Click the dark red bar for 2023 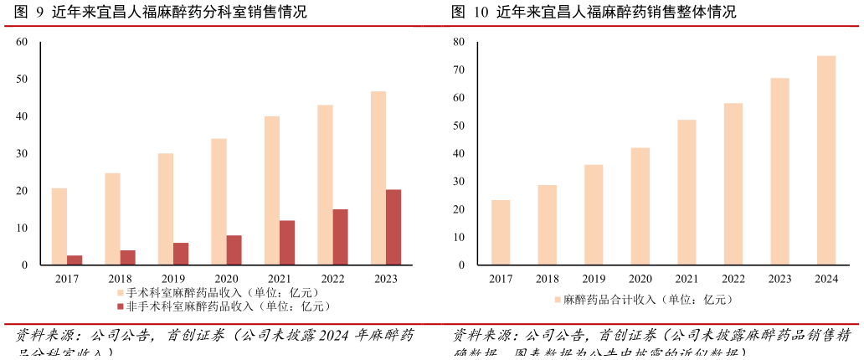[393, 227]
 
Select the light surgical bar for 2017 [59, 226]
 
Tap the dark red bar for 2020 [234, 249]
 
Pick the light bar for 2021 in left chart [272, 190]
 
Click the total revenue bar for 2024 [826, 160]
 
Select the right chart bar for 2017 [501, 232]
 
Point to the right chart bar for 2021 [687, 192]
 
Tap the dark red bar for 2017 [75, 260]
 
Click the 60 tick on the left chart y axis [22, 42]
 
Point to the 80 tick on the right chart [459, 42]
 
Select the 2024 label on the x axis [826, 279]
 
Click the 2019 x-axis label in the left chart [173, 279]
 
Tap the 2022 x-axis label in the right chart [733, 279]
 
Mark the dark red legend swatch [121, 306]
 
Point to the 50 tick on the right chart [459, 126]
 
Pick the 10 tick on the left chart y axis [22, 228]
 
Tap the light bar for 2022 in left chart [325, 184]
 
